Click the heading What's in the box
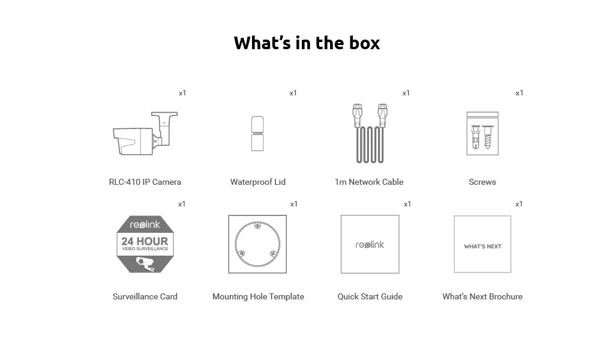[307, 43]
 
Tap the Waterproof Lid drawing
[257, 133]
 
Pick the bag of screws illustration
[482, 134]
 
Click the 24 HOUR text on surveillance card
[145, 242]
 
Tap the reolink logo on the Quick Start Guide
[370, 244]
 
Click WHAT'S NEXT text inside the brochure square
[482, 246]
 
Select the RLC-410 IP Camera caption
[145, 182]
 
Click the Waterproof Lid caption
[258, 182]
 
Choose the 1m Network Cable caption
[369, 182]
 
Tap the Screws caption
[482, 182]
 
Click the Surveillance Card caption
[145, 296]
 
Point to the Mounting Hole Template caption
[258, 296]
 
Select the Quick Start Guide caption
[370, 296]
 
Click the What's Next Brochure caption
[482, 296]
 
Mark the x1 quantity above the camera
[182, 93]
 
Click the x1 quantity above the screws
[520, 93]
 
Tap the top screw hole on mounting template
[257, 226]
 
